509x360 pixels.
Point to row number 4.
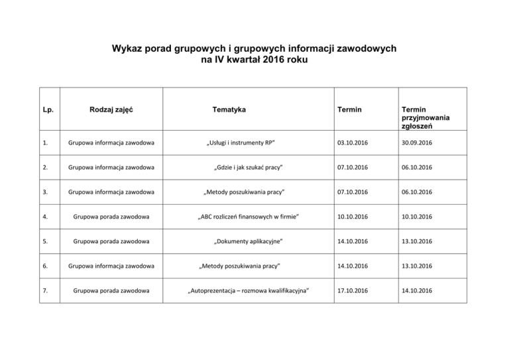pos(43,216)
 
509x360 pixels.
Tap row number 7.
pos(43,289)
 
